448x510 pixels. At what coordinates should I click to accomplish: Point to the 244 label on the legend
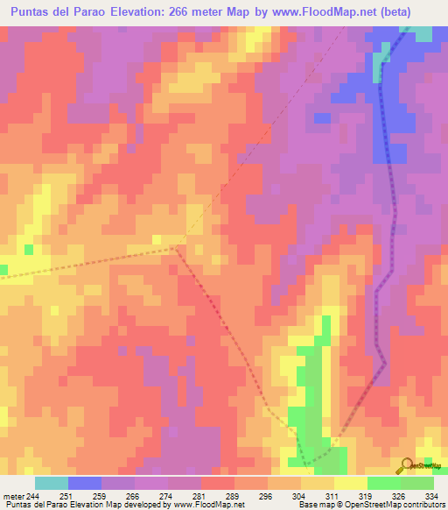tap(33, 496)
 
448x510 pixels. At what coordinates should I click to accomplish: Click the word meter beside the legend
tap(13, 496)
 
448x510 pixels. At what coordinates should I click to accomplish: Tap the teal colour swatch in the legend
tap(52, 483)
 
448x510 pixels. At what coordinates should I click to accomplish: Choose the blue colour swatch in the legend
tap(85, 483)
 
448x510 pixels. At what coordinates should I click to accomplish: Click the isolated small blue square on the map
tap(322, 117)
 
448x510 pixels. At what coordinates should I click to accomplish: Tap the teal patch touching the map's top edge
tap(422, 33)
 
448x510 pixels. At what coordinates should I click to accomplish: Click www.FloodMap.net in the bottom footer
tap(208, 506)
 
